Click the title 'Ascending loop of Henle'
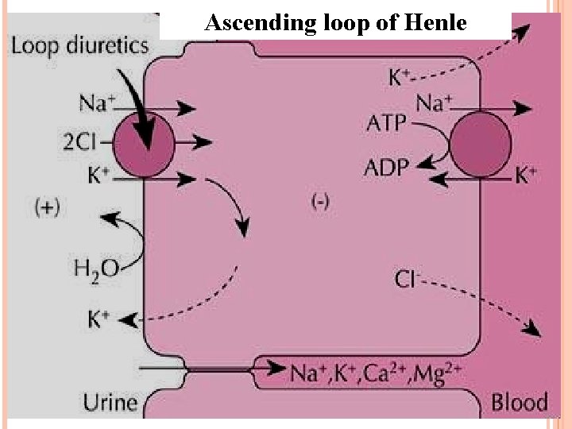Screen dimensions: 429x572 coord(334,23)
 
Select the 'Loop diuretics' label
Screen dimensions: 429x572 coord(79,45)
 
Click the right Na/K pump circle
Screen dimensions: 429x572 coord(480,144)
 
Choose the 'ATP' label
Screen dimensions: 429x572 coord(388,124)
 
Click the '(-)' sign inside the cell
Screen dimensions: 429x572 coord(320,203)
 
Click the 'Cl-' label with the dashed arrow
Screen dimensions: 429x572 coord(408,279)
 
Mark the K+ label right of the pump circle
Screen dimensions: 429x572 coord(526,175)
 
